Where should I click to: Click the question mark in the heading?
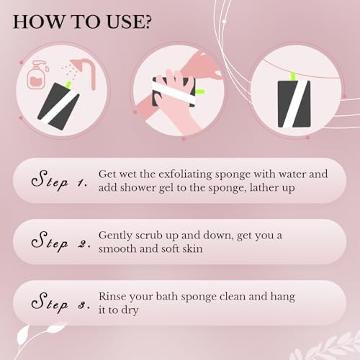(x=146, y=21)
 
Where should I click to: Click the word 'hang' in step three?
(x=282, y=297)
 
